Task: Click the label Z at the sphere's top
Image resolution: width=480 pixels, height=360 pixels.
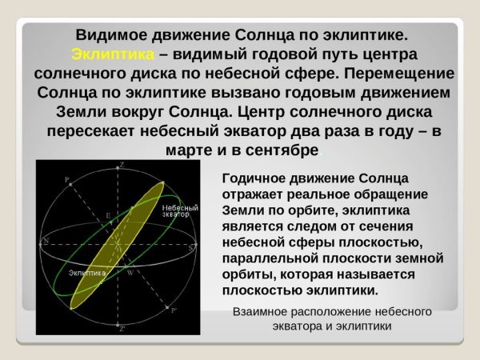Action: click(122, 166)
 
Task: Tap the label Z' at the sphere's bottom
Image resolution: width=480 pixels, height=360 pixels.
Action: click(122, 328)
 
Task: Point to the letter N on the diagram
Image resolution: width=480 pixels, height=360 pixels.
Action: click(46, 240)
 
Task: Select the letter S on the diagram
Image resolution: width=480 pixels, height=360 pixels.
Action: click(191, 249)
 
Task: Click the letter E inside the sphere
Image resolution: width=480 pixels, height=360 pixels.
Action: click(109, 217)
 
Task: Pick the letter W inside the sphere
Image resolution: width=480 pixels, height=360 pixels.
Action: click(129, 272)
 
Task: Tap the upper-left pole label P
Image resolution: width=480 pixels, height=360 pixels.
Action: click(67, 179)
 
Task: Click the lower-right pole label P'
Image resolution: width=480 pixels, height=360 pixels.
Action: click(176, 309)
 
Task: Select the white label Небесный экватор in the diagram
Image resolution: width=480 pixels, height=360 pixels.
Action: click(176, 210)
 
